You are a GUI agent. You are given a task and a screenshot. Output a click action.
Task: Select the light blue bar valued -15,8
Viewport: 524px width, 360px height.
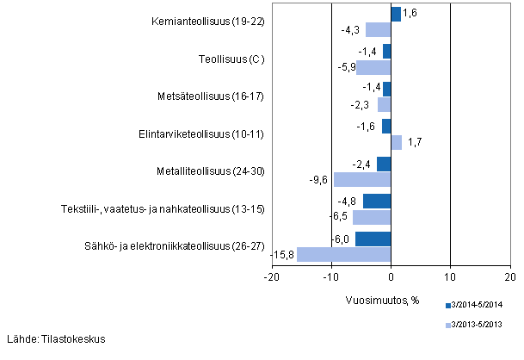tap(343, 254)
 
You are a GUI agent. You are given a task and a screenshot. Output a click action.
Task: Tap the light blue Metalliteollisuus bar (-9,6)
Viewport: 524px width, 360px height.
tap(362, 179)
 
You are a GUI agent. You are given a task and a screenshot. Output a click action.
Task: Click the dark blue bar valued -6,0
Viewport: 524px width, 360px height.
tap(373, 239)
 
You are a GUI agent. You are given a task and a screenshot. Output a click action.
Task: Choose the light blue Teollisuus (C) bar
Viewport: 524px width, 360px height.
tap(373, 67)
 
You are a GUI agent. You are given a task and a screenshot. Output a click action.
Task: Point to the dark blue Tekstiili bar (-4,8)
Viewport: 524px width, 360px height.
tap(376, 201)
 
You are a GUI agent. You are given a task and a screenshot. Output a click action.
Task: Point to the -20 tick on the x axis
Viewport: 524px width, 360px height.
tap(271, 276)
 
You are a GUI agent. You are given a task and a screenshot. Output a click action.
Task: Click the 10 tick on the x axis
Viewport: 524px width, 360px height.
tap(450, 276)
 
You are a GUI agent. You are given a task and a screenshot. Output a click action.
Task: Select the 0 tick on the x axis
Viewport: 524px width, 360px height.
tap(391, 276)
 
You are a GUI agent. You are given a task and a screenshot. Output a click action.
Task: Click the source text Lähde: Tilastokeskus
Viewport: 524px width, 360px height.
tap(55, 338)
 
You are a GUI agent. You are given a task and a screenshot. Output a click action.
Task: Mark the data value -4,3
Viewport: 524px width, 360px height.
tap(353, 29)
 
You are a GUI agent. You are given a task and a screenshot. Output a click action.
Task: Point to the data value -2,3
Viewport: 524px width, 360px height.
tap(365, 104)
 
